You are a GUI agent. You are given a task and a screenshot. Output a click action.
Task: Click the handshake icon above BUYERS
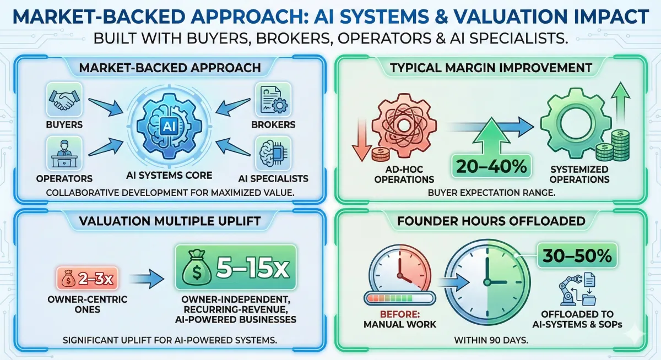[x=64, y=100]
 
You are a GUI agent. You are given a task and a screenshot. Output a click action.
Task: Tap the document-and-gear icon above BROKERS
[x=273, y=100]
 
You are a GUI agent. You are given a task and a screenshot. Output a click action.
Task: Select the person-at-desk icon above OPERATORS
[x=64, y=154]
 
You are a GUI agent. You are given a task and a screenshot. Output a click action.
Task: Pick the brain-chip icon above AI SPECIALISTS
[x=273, y=154]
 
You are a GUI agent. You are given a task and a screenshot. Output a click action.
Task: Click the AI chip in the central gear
[x=169, y=126]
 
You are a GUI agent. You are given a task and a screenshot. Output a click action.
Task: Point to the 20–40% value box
[x=491, y=166]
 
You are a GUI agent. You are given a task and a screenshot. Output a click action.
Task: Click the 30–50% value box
[x=577, y=255]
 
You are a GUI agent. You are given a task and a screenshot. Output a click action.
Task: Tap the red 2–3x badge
[x=88, y=279]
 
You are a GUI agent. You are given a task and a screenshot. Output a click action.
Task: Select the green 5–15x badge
[x=236, y=267]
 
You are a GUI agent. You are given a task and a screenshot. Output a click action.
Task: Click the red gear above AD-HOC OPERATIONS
[x=404, y=126]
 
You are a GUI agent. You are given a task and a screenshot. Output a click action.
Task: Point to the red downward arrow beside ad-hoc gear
[x=361, y=139]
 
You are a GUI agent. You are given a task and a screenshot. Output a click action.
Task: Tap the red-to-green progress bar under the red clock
[x=400, y=298]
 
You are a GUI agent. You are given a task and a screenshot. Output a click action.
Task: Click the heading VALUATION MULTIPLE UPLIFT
[x=170, y=221]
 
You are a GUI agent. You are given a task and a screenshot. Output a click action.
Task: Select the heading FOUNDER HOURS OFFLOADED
[x=491, y=221]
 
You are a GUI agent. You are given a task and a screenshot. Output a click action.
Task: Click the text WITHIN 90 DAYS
[x=491, y=340]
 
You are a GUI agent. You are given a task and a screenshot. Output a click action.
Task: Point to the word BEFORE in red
[x=400, y=314]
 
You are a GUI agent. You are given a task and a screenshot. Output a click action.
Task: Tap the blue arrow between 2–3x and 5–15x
[x=147, y=279]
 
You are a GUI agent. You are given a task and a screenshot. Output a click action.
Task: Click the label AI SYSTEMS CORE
[x=169, y=176]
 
